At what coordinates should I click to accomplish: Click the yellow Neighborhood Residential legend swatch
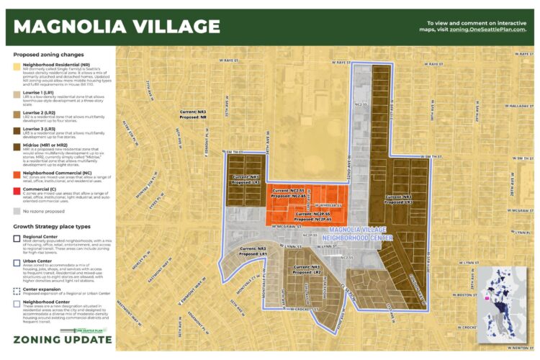click(17, 65)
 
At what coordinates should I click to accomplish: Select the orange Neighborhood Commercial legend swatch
click(17, 174)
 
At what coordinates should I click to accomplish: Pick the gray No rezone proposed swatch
click(17, 212)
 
